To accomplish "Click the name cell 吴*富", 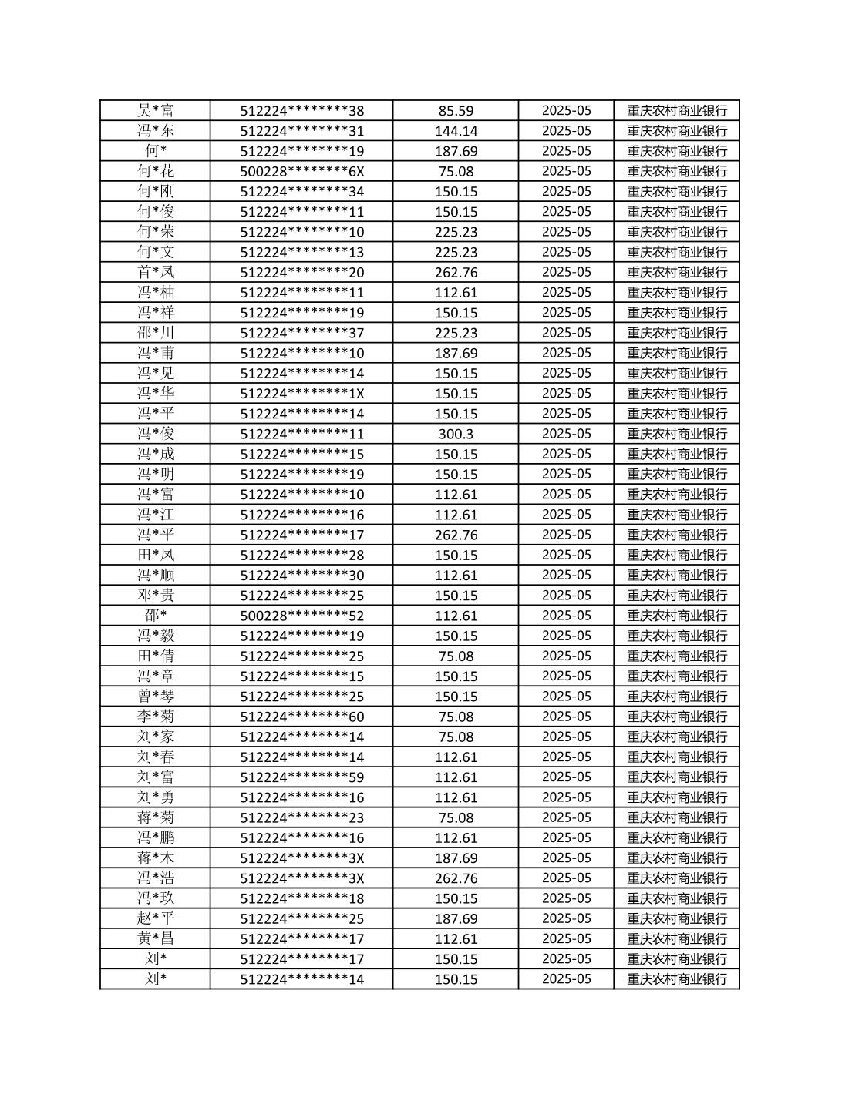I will pos(155,110).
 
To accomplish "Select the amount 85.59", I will pos(456,110).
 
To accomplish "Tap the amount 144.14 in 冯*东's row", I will pos(456,131).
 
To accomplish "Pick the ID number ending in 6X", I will pos(301,171).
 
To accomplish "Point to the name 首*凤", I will pos(155,272).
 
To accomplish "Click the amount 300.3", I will pos(456,434).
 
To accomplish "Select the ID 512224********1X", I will pos(301,394).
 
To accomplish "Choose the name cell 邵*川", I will pos(155,333).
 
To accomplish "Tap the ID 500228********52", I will pos(301,616).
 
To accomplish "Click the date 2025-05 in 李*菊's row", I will pos(566,717).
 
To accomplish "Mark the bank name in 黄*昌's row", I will pos(676,938).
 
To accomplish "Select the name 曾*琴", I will pos(155,697).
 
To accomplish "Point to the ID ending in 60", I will pos(301,717).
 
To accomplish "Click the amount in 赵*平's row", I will pos(456,918).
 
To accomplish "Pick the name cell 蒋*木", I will pos(155,858).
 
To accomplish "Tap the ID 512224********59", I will pos(301,777).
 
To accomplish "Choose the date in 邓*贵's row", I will pos(566,596).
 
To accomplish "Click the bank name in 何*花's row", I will pos(676,171).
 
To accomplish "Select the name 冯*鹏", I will pos(155,837).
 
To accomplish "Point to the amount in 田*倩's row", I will pos(456,656).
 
